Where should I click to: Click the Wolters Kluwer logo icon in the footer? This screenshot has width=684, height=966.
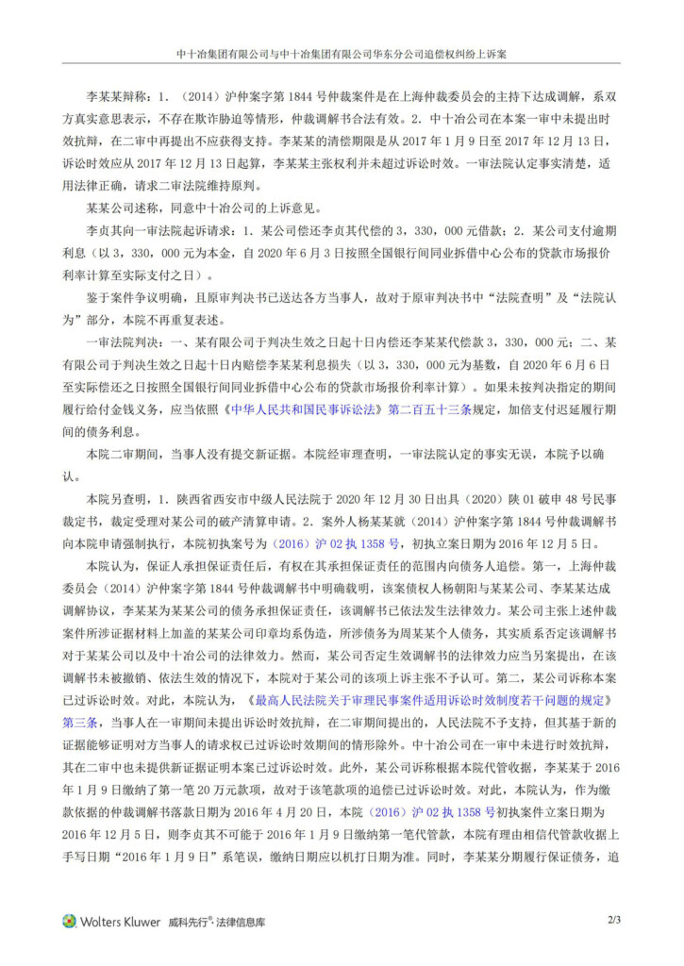pos(70,922)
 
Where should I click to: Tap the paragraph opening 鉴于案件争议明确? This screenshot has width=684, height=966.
pos(131,295)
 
